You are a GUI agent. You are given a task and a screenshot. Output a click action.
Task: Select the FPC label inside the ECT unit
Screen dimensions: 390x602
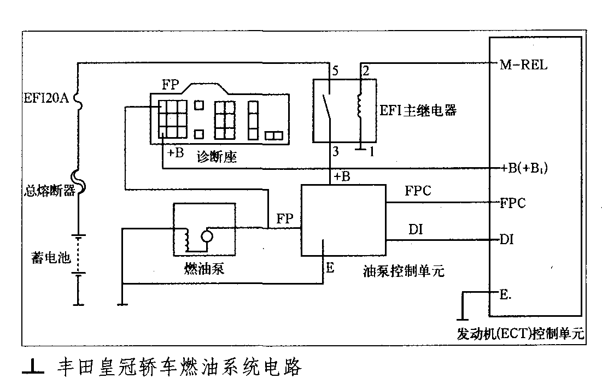(x=513, y=203)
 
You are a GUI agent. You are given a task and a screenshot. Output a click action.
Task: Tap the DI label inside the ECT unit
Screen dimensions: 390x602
(x=506, y=240)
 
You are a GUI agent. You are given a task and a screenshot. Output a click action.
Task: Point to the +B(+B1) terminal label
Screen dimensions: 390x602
(x=524, y=168)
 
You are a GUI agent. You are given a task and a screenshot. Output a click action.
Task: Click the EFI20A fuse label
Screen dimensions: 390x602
(x=45, y=98)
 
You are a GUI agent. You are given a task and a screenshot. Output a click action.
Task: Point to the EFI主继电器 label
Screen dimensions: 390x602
(x=417, y=110)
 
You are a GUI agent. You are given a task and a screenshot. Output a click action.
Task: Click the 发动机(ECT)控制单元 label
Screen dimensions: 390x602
(x=520, y=333)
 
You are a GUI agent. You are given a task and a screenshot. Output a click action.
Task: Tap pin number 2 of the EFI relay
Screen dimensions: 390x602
(x=365, y=70)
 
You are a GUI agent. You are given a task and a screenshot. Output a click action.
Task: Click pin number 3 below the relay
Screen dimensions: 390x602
(x=335, y=151)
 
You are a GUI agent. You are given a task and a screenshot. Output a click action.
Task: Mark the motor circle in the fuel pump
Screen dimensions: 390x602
(x=207, y=236)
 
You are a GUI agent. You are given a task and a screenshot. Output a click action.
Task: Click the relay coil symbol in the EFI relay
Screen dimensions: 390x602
(x=360, y=106)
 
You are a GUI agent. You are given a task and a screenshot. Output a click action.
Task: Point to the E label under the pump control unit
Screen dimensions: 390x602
(x=329, y=268)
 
